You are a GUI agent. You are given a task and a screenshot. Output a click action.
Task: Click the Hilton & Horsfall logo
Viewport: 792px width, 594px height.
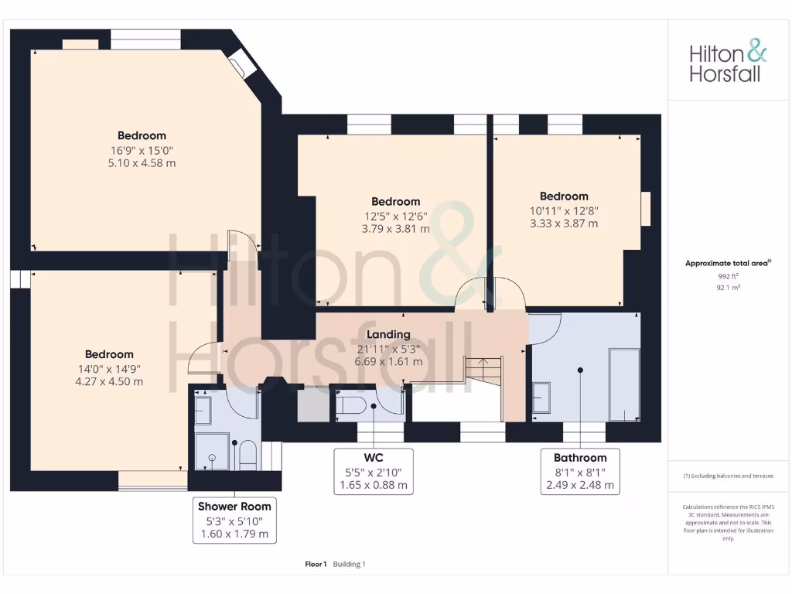point(728,63)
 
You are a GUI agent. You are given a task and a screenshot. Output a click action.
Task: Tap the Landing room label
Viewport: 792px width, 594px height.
point(388,335)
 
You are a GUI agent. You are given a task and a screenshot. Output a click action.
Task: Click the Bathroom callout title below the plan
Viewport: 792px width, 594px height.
point(580,458)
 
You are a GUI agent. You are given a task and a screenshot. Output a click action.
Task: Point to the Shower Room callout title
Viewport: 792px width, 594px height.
point(234,507)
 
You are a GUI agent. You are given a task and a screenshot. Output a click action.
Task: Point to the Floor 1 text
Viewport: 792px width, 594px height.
point(316,564)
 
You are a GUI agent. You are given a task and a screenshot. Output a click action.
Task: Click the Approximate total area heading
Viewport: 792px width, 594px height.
point(728,263)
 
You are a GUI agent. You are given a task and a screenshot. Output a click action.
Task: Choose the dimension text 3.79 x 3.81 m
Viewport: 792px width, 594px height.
point(395,229)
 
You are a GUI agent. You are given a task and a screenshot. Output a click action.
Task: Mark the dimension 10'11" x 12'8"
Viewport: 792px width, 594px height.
point(564,210)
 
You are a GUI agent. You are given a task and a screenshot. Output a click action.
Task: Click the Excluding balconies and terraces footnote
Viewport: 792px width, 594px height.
point(728,476)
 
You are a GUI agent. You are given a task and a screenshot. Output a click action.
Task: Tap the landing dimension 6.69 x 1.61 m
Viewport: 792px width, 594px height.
point(388,361)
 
